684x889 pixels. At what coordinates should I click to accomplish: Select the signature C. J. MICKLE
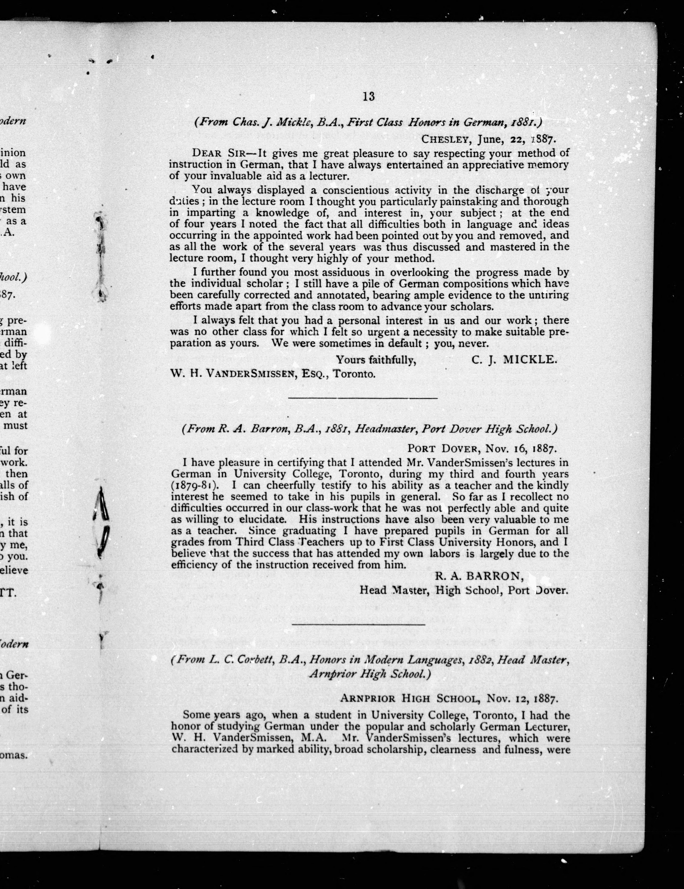tap(513, 359)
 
